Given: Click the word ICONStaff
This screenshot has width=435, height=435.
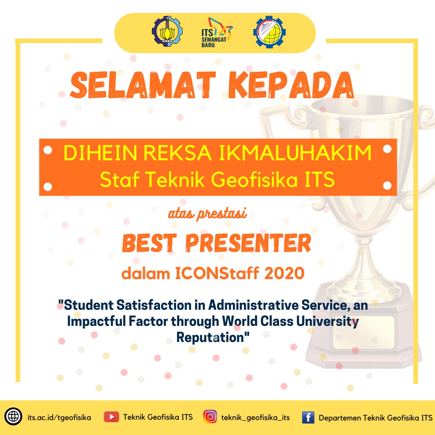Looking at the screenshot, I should pyautogui.click(x=216, y=274).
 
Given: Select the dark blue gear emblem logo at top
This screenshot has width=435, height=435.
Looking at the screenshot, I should pyautogui.click(x=167, y=31).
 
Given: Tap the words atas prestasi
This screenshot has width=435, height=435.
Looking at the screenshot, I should pyautogui.click(x=207, y=215).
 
